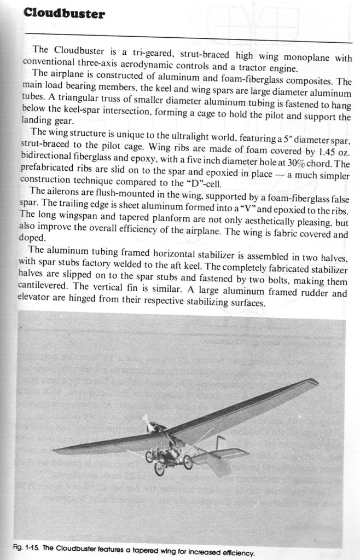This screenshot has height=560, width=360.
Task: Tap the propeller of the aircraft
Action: (x=146, y=422)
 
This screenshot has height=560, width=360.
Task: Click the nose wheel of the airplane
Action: (x=159, y=469)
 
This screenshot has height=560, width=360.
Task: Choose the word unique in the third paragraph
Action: (x=118, y=133)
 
